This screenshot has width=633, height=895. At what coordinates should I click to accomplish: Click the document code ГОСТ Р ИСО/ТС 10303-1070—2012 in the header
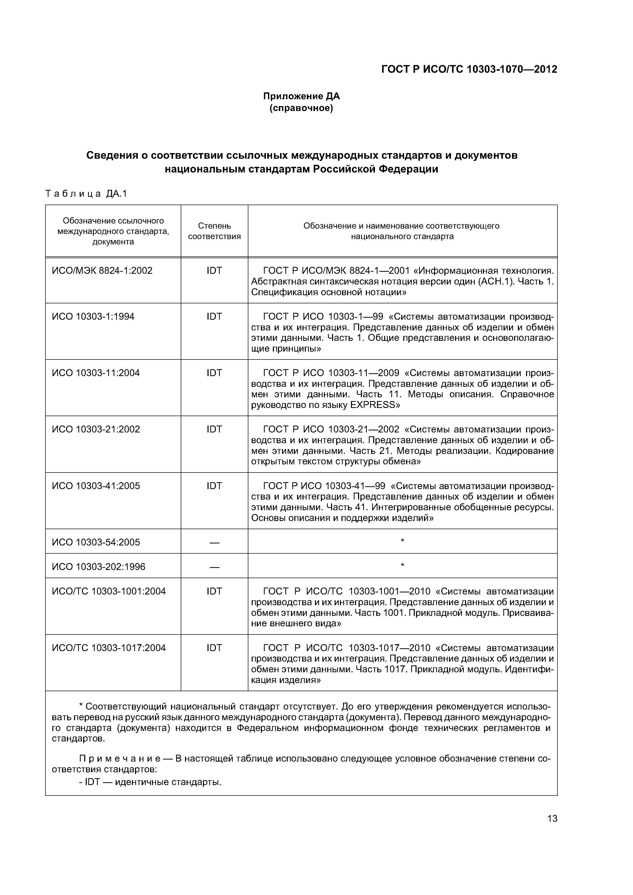(469, 69)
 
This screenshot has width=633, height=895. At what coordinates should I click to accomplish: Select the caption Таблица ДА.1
(86, 194)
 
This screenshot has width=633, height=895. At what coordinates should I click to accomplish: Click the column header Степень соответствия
(214, 231)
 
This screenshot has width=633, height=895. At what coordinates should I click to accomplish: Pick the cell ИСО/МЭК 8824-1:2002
(102, 270)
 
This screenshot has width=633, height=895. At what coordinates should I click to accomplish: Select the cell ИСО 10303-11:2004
(96, 373)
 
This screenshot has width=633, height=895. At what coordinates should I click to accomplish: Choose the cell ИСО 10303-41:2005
(96, 486)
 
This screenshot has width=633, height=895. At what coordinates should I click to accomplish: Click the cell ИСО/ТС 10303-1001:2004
(109, 591)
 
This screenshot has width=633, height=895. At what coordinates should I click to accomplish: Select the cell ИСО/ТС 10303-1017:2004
(109, 648)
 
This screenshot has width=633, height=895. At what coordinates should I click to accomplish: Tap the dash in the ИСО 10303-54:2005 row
(214, 543)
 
